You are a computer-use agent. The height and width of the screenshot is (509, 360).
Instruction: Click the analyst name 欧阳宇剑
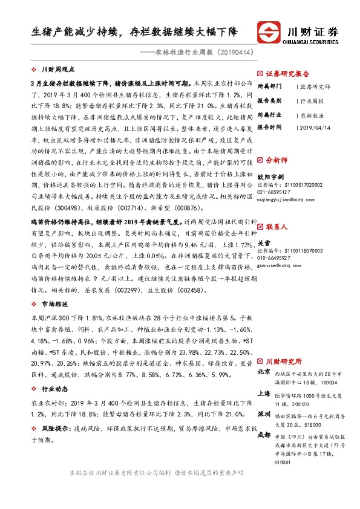tap(270, 177)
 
